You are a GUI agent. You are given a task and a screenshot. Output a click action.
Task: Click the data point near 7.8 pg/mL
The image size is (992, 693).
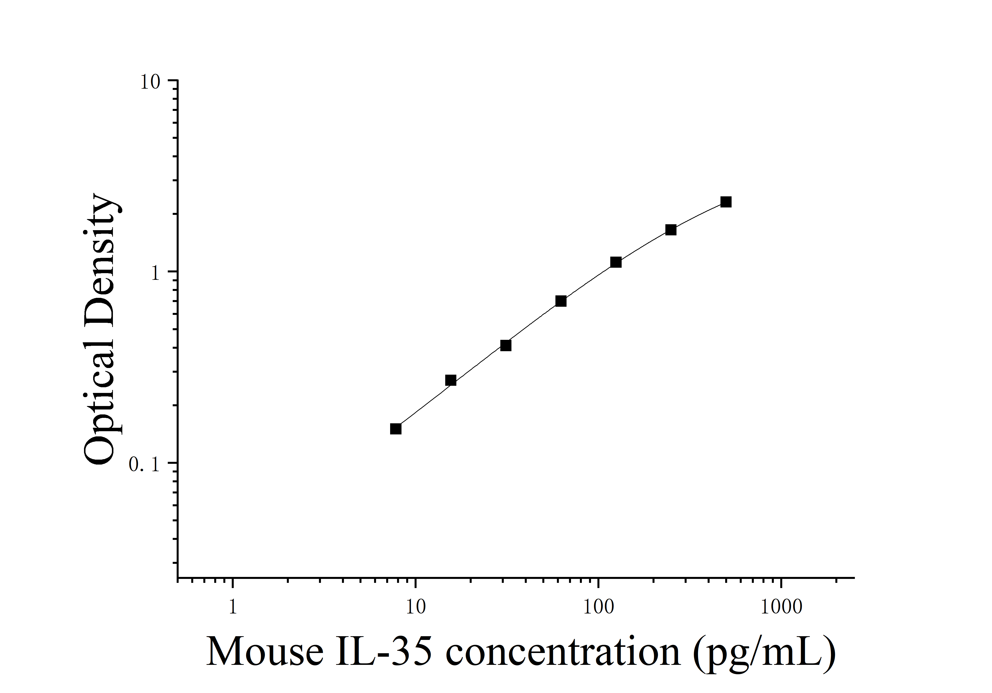[x=395, y=429]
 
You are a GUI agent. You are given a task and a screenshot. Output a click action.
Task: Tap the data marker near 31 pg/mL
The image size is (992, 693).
[x=506, y=346]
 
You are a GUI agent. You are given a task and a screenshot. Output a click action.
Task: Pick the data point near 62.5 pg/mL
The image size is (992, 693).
[x=561, y=301]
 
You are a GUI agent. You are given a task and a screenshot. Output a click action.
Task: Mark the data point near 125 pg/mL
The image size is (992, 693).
[x=616, y=262]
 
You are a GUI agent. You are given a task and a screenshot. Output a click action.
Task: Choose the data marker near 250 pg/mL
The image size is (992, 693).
[x=671, y=230]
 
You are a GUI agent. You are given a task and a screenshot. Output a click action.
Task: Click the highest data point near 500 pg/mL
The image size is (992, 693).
[x=726, y=202]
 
